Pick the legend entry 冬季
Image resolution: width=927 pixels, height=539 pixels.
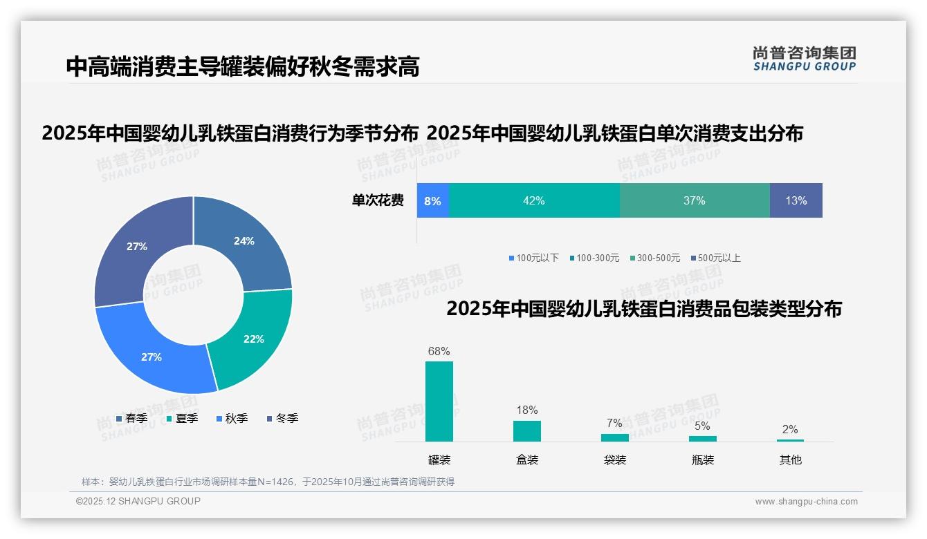coord(282,418)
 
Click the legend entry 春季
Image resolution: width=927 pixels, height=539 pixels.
coord(131,418)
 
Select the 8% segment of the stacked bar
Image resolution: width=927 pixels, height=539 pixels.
coord(433,200)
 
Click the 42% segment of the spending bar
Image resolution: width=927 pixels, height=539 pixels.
coord(534,200)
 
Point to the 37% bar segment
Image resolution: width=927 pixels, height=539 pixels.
coord(694,200)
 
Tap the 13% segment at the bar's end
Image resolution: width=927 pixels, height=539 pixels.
coord(796,200)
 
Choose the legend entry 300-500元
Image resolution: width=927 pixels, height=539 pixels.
coord(655,258)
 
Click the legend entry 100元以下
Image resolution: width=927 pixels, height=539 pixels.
coord(533,258)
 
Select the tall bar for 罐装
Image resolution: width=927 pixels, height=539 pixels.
coord(439,401)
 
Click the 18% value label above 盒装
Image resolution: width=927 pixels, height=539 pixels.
coord(526,410)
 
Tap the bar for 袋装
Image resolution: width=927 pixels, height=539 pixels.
coord(614,437)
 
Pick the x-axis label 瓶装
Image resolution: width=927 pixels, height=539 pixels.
coord(702,460)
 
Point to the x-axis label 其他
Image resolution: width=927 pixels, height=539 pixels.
coord(790,460)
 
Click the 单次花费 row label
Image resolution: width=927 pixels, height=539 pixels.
coord(378,200)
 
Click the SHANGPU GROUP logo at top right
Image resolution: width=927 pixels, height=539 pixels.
coord(804,59)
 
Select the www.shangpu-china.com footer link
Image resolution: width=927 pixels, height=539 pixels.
coord(806,502)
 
